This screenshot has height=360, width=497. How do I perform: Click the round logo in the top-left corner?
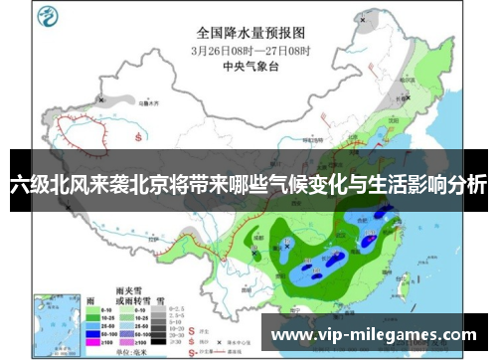(x=47, y=16)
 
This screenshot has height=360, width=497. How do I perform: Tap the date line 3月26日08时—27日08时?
(x=250, y=49)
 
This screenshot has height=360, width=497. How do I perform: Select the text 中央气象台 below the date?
(x=249, y=68)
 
